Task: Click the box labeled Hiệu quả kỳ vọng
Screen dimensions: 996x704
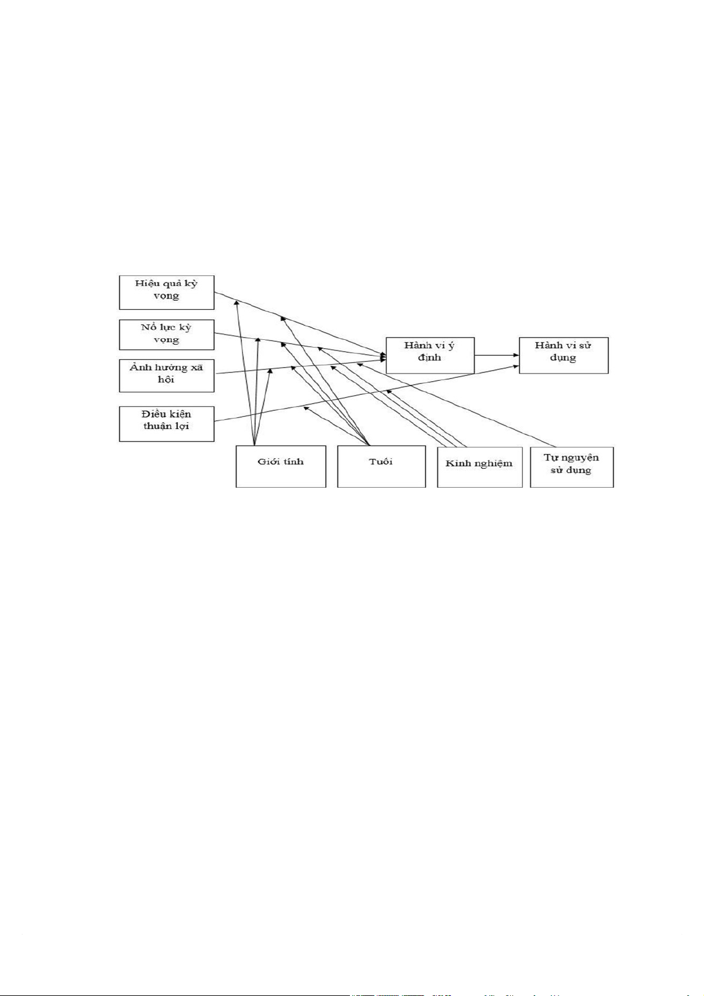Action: point(166,292)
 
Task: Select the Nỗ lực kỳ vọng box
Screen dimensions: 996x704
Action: point(166,335)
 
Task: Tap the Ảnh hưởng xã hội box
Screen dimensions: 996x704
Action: point(166,375)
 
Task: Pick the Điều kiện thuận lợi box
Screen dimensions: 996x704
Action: point(166,423)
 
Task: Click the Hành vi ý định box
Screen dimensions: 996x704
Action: point(430,355)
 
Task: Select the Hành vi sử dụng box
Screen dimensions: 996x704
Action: point(563,355)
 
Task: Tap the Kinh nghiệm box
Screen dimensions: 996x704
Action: point(479,468)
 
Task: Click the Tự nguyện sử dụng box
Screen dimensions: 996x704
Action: point(572,467)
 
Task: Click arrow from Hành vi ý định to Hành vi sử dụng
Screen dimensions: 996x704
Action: point(497,355)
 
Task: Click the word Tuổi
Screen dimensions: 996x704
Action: point(381,462)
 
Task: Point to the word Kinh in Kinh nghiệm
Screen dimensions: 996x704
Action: point(458,463)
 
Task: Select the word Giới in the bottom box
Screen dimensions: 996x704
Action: point(268,462)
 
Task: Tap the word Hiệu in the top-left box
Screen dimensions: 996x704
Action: point(147,283)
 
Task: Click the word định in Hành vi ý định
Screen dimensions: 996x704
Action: point(429,358)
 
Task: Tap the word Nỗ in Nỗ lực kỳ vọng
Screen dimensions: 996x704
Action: point(148,327)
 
